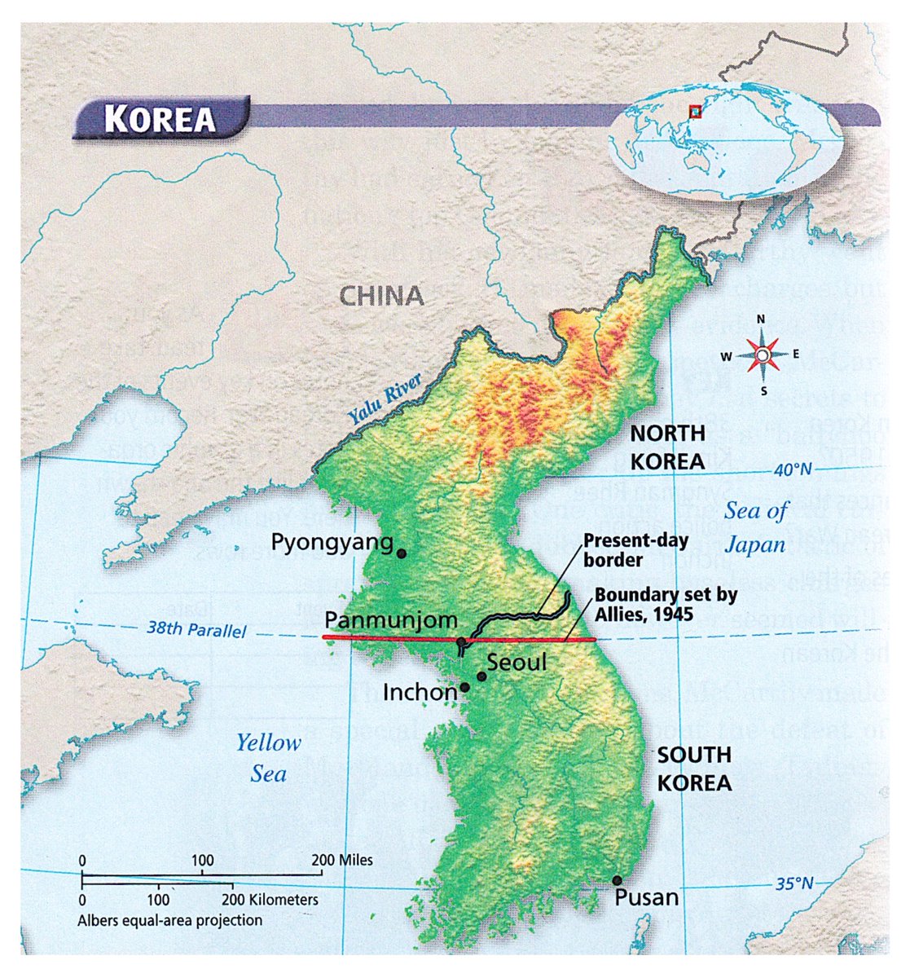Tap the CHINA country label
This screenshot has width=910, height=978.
pyautogui.click(x=381, y=295)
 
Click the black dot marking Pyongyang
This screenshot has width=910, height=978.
pyautogui.click(x=401, y=553)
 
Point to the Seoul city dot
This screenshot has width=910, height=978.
pyautogui.click(x=481, y=676)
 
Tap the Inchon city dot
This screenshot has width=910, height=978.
pyautogui.click(x=464, y=687)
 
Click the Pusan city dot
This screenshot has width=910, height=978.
pyautogui.click(x=617, y=880)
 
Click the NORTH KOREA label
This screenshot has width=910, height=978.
pyautogui.click(x=667, y=447)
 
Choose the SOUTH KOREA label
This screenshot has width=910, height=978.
pyautogui.click(x=694, y=769)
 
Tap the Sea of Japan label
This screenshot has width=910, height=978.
pyautogui.click(x=756, y=526)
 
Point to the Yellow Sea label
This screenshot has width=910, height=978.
pyautogui.click(x=268, y=757)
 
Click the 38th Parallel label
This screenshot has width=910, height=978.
pyautogui.click(x=196, y=630)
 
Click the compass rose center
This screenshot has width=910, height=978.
pyautogui.click(x=761, y=355)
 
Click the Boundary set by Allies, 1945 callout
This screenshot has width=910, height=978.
pyautogui.click(x=665, y=603)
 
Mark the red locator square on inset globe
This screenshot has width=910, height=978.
pyautogui.click(x=695, y=112)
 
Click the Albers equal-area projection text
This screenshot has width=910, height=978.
pyautogui.click(x=170, y=920)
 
